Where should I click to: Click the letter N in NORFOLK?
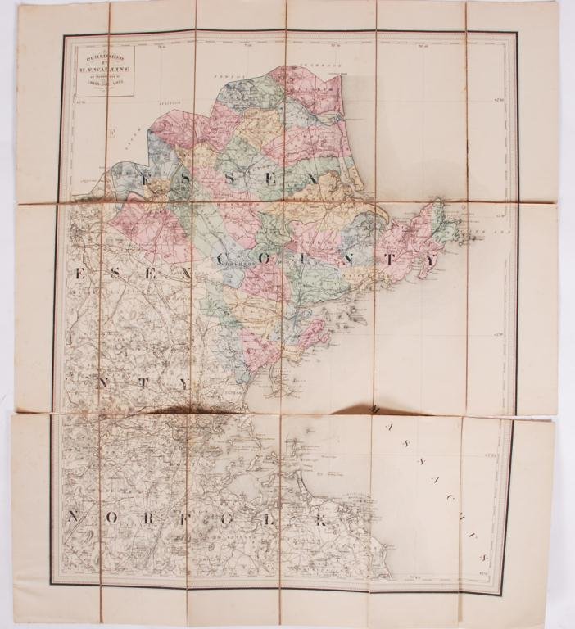[x=75, y=518]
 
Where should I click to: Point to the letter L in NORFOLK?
[x=278, y=518]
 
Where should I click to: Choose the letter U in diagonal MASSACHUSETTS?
[x=467, y=518]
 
